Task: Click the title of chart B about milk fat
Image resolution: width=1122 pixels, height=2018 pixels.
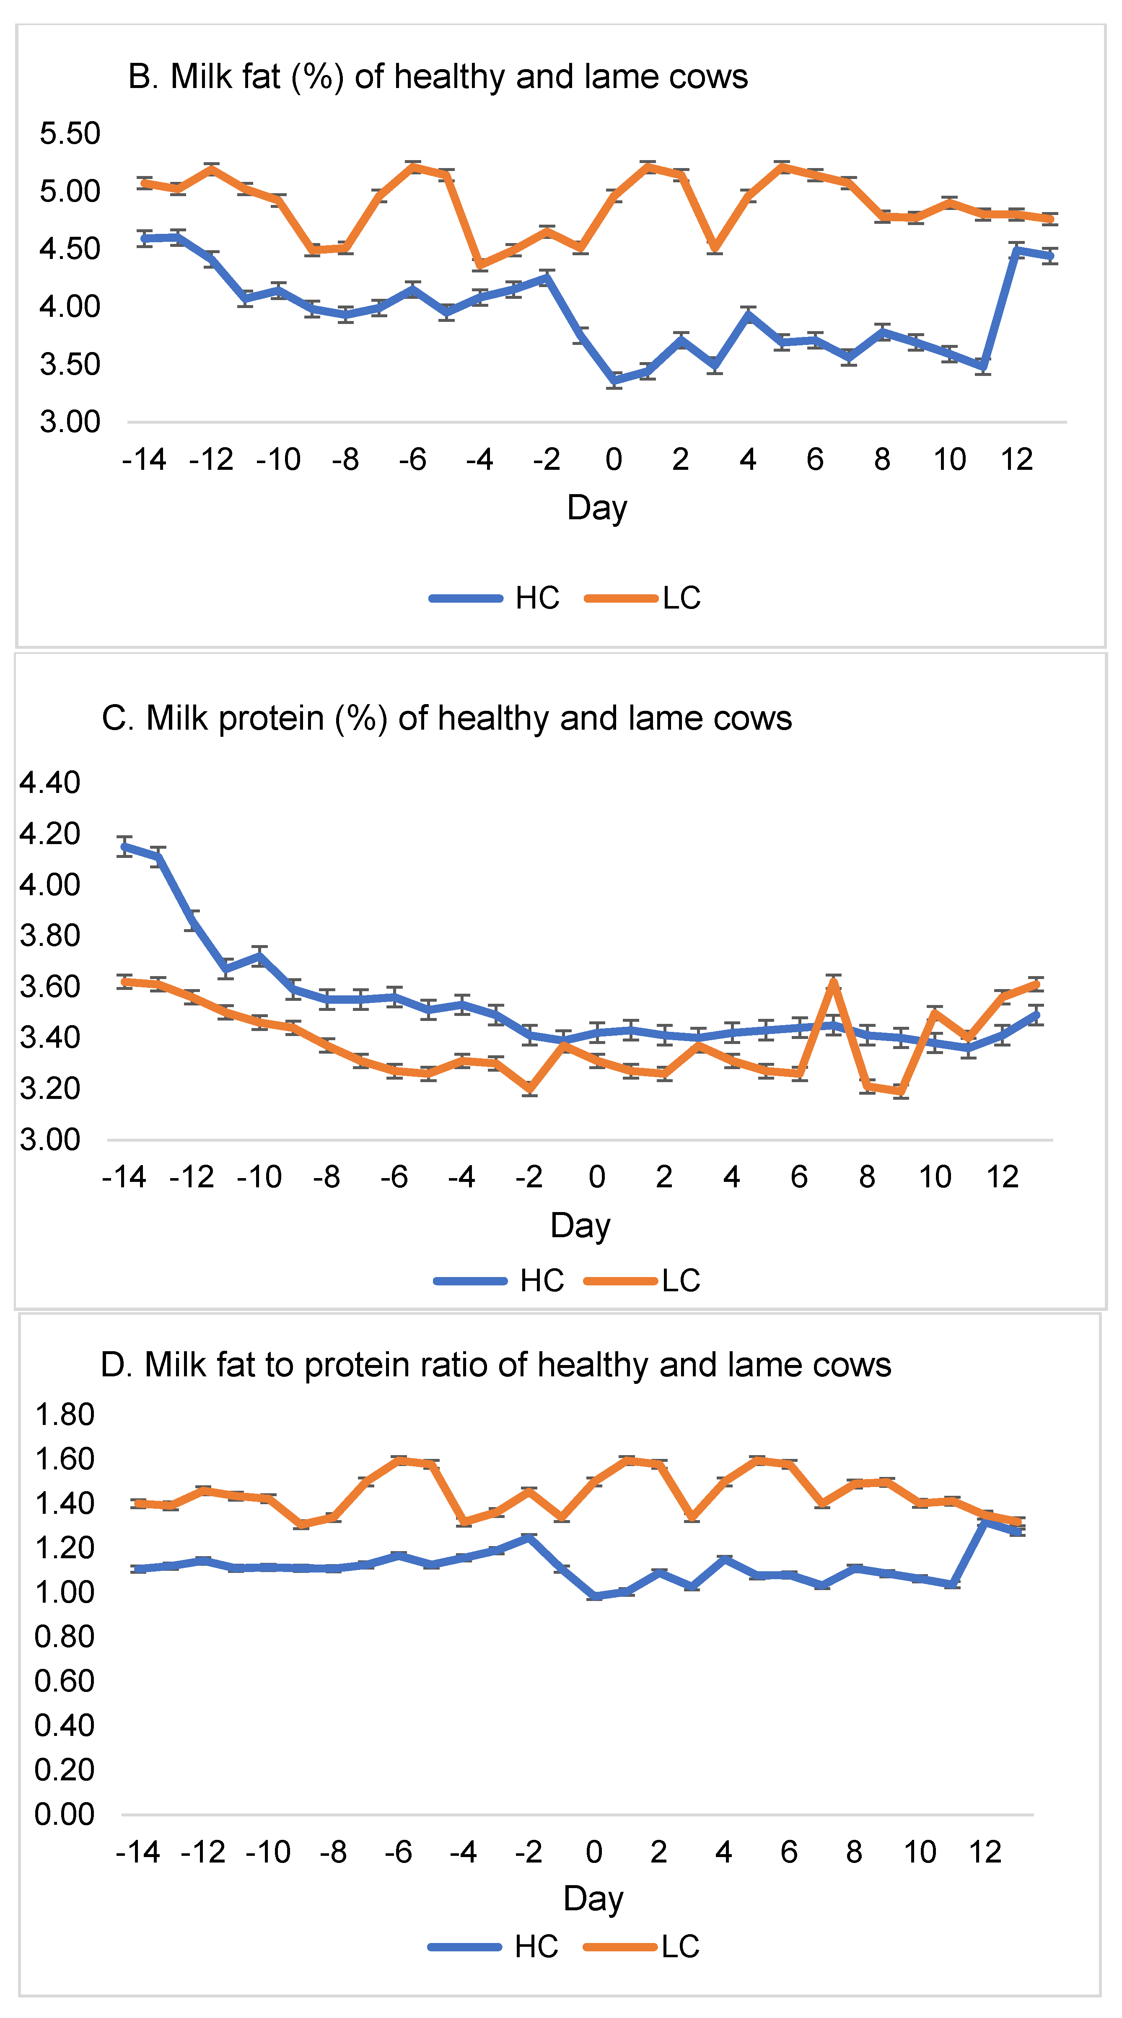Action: [x=437, y=77]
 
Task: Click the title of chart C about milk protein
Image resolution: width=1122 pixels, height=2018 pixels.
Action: [x=447, y=718]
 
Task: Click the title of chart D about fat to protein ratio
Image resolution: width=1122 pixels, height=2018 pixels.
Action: [x=495, y=1365]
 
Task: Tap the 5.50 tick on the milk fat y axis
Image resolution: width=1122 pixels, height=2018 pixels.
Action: [x=70, y=133]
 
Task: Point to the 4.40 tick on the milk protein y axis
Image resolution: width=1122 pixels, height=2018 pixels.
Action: [x=49, y=782]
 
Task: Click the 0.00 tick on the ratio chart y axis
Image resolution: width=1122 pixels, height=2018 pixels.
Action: [x=64, y=1814]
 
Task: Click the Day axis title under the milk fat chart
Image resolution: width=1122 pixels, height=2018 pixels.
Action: [x=597, y=508]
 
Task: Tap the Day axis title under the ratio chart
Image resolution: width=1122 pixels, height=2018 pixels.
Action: [x=593, y=1899]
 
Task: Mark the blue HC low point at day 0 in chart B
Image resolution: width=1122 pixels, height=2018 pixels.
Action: [x=614, y=381]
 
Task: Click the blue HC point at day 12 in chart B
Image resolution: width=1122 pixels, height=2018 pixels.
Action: [x=1017, y=251]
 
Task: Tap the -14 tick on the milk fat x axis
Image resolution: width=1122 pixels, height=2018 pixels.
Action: [x=144, y=460]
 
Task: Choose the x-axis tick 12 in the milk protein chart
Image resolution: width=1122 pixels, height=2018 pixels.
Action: [x=1002, y=1177]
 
